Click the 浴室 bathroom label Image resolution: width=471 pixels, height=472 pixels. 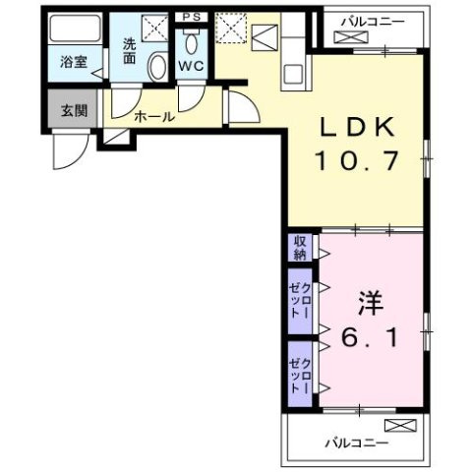pos(74,61)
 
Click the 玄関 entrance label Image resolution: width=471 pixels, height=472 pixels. pos(74,109)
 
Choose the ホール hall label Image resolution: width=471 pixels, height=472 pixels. pos(154,117)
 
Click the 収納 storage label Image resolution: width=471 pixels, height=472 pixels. pos(296,247)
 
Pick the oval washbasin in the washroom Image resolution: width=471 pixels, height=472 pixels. pos(155,66)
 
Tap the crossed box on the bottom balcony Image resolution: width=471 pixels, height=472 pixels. pos(400,425)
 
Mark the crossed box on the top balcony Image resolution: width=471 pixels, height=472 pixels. pos(350,37)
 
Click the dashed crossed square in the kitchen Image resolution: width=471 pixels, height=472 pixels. pos(231,27)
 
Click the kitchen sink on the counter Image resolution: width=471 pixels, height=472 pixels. pos(293,73)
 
